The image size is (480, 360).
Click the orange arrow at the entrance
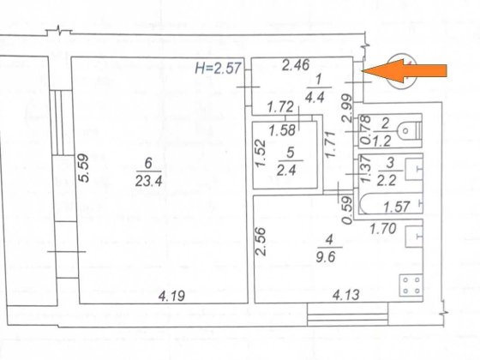[404, 71]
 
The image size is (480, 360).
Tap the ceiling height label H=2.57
[219, 68]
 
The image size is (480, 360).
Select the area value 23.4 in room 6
[148, 182]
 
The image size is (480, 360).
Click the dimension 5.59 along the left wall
[84, 168]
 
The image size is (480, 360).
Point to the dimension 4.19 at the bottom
[171, 296]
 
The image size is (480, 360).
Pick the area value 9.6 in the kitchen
[326, 257]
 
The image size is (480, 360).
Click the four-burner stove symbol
[411, 285]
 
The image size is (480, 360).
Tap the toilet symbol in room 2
[410, 130]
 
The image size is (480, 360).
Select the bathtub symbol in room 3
[390, 203]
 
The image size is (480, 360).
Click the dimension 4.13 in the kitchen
[346, 295]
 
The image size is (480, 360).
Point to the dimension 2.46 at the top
[296, 65]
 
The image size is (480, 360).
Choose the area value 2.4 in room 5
[286, 170]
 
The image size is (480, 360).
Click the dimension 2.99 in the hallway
[347, 108]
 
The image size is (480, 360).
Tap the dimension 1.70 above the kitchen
[383, 228]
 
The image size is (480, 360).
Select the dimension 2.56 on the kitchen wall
[261, 241]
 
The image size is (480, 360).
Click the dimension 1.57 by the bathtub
[397, 207]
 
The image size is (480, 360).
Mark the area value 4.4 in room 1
[315, 98]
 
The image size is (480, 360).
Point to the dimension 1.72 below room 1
[280, 107]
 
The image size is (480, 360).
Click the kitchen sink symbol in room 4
[414, 237]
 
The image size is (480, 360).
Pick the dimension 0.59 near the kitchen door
[348, 210]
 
